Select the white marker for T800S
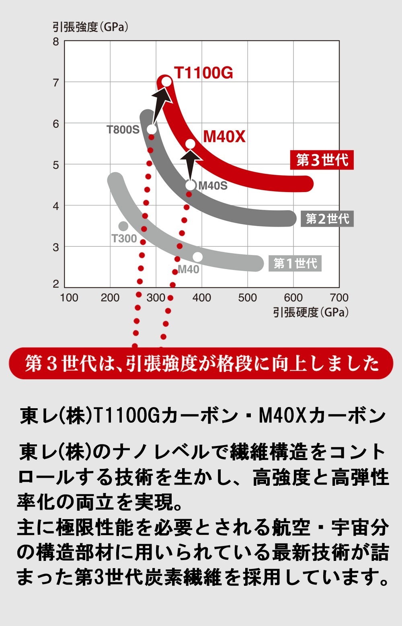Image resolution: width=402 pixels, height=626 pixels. pyautogui.click(x=152, y=129)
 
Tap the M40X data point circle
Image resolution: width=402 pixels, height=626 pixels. pyautogui.click(x=190, y=144)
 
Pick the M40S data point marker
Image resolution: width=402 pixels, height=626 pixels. pyautogui.click(x=191, y=185)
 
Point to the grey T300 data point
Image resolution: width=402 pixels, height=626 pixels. pyautogui.click(x=123, y=226)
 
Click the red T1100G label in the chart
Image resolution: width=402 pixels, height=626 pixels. pyautogui.click(x=203, y=73)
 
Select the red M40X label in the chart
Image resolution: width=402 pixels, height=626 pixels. pyautogui.click(x=224, y=137)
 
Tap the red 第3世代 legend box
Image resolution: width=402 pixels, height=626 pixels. pyautogui.click(x=322, y=160)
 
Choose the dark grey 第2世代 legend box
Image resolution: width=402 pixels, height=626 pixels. pyautogui.click(x=327, y=219)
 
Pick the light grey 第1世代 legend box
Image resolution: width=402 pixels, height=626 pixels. pyautogui.click(x=295, y=264)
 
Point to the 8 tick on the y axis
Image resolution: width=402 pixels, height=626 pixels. pyautogui.click(x=56, y=42)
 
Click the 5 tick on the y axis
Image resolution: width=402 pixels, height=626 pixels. pyautogui.click(x=56, y=165)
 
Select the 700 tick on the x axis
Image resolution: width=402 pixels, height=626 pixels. pyautogui.click(x=339, y=298)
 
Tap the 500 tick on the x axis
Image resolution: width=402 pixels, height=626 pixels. pyautogui.click(x=247, y=298)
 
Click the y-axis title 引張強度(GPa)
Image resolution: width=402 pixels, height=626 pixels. pyautogui.click(x=90, y=27)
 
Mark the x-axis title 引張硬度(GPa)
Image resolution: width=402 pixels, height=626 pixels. pyautogui.click(x=311, y=312)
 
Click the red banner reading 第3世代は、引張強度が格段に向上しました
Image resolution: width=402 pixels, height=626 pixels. pyautogui.click(x=201, y=363)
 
